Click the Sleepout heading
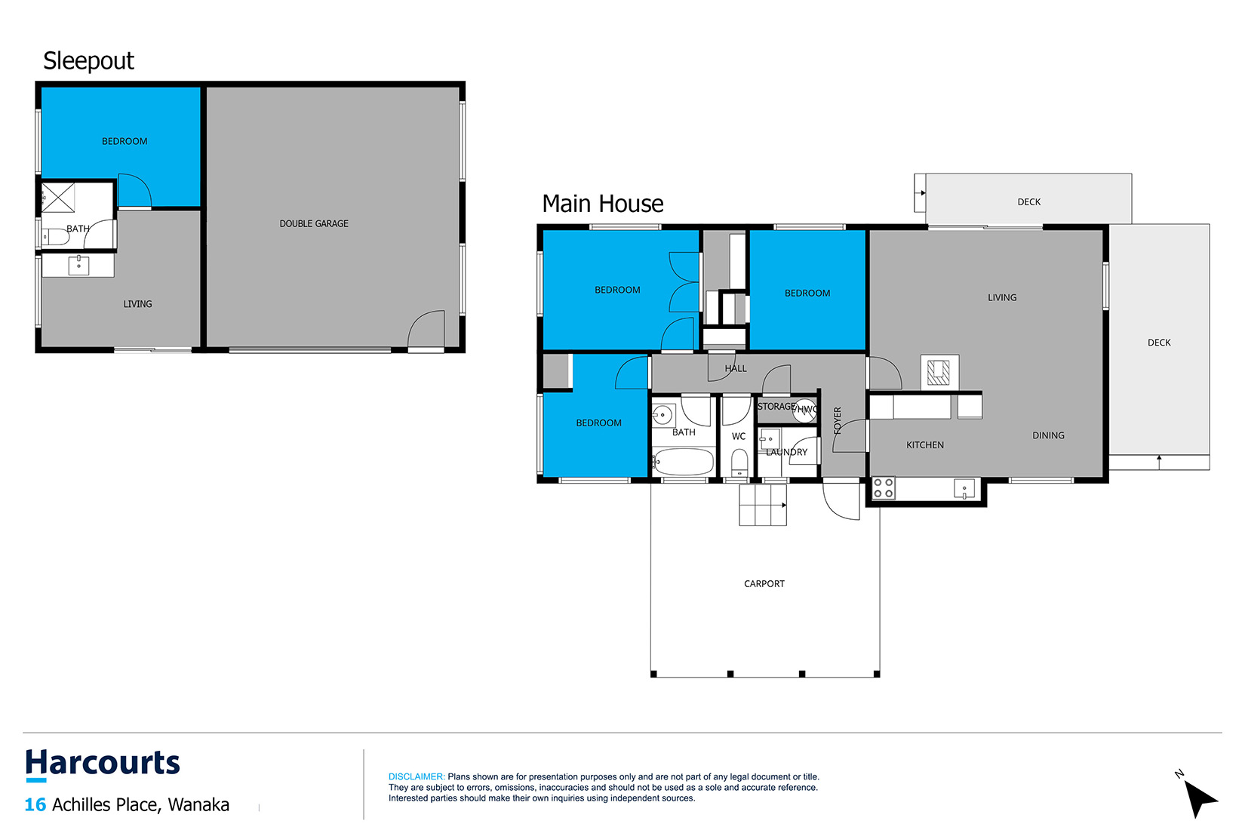click(x=88, y=61)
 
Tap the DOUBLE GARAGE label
click(x=313, y=223)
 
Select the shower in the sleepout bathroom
click(x=58, y=198)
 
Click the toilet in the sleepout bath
click(x=55, y=238)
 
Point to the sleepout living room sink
click(x=78, y=265)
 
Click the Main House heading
click(x=602, y=204)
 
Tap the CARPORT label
click(x=764, y=584)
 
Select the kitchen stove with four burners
click(x=883, y=488)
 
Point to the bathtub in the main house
click(x=683, y=462)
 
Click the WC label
click(x=738, y=436)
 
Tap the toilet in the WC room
click(x=739, y=463)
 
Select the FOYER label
click(x=838, y=420)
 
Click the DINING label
click(x=1048, y=435)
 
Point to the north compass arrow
click(x=1200, y=798)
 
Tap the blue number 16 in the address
click(x=35, y=804)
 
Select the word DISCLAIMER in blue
click(x=417, y=776)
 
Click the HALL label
click(x=736, y=368)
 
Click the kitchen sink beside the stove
click(x=964, y=489)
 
